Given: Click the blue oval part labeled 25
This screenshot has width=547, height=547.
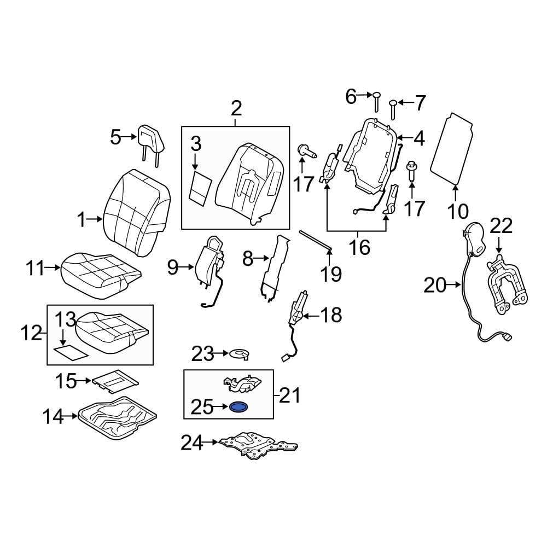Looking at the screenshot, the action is tap(238, 407).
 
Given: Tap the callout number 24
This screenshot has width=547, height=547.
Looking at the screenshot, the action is tap(192, 443).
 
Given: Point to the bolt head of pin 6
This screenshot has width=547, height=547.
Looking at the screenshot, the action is tap(376, 95).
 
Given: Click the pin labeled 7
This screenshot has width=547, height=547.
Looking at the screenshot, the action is tap(393, 109).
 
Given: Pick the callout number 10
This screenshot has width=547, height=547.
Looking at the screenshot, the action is tap(458, 211).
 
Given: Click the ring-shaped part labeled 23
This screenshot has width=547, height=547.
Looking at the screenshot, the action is tap(240, 354).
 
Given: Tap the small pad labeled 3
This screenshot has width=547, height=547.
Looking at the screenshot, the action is tap(201, 187).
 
